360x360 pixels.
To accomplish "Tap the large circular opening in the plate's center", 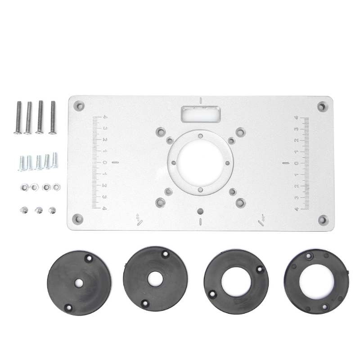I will pyautogui.click(x=200, y=163).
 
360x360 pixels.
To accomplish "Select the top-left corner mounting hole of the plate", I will pyautogui.click(x=80, y=107).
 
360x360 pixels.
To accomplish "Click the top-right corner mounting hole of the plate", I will pyautogui.click(x=322, y=107).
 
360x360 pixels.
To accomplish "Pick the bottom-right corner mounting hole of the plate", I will pyautogui.click(x=323, y=220).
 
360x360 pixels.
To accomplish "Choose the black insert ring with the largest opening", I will pyautogui.click(x=317, y=281).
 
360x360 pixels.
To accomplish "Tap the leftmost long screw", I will pyautogui.click(x=18, y=117).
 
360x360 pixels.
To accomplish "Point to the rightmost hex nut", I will pyautogui.click(x=56, y=186).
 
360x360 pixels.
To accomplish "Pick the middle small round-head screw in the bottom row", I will pyautogui.click(x=39, y=210).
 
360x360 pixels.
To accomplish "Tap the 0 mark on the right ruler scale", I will pyautogui.click(x=296, y=163).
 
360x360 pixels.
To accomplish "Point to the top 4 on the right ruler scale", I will pyautogui.click(x=296, y=118).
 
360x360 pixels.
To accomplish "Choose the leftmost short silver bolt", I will pyautogui.click(x=21, y=163).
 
